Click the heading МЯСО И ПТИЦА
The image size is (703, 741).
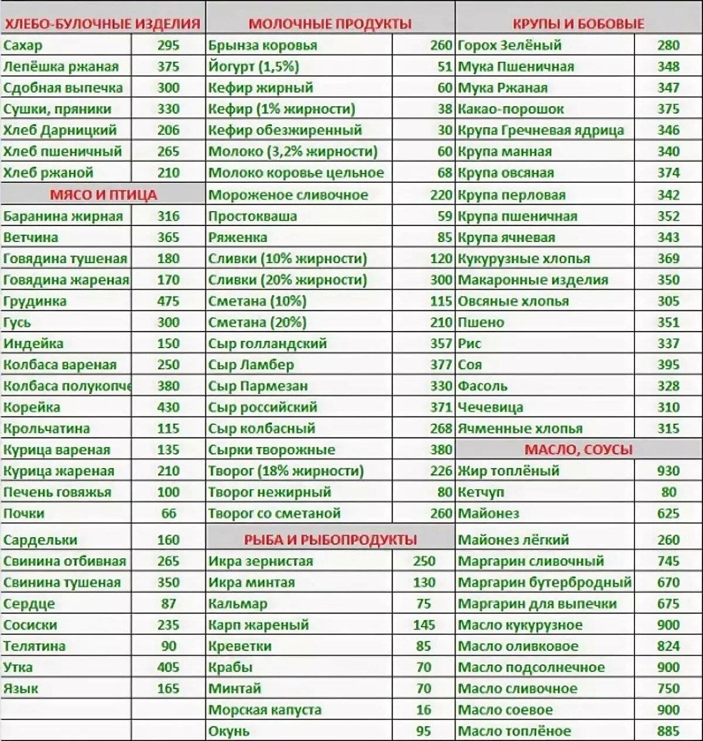pyautogui.click(x=103, y=194)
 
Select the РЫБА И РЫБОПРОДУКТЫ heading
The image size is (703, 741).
pyautogui.click(x=330, y=539)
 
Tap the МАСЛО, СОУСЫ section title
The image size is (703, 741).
pyautogui.click(x=578, y=450)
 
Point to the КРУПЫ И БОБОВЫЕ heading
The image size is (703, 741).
pyautogui.click(x=578, y=24)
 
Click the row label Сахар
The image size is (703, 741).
pyautogui.click(x=23, y=45)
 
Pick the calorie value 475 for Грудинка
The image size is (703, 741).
pyautogui.click(x=168, y=301)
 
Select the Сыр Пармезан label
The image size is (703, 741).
pyautogui.click(x=258, y=386)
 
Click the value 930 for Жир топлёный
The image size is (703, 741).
pyautogui.click(x=668, y=471)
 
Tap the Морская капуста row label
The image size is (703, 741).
pyautogui.click(x=265, y=710)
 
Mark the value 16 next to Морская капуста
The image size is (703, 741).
pyautogui.click(x=424, y=710)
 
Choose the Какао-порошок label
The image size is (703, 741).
pyautogui.click(x=511, y=109)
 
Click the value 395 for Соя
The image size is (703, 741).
pyautogui.click(x=668, y=365)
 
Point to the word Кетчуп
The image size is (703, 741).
pyautogui.click(x=481, y=492)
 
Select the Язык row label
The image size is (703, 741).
pyautogui.click(x=21, y=688)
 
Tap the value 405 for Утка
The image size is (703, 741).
pyautogui.click(x=168, y=667)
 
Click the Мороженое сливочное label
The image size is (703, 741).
pyautogui.click(x=288, y=194)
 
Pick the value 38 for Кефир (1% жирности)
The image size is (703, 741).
pyautogui.click(x=445, y=109)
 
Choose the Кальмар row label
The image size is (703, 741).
pyautogui.click(x=238, y=603)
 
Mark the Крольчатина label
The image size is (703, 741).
pyautogui.click(x=46, y=428)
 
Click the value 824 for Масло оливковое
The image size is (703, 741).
pyautogui.click(x=668, y=646)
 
